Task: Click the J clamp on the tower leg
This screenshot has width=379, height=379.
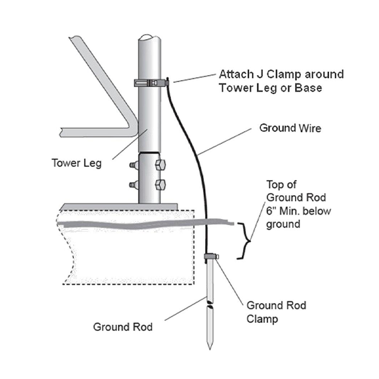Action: (152, 83)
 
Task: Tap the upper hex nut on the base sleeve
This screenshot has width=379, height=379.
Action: (160, 165)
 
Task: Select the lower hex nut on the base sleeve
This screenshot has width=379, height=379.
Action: (160, 185)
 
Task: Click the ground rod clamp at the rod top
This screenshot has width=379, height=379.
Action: (212, 256)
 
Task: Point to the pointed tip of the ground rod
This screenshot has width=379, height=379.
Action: (210, 349)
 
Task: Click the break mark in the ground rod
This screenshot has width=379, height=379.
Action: (210, 304)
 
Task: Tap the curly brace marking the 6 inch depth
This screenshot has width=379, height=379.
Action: (244, 241)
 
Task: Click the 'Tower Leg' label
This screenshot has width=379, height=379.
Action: (76, 163)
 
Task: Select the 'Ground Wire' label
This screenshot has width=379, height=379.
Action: (290, 128)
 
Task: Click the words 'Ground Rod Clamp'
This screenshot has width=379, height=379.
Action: (276, 312)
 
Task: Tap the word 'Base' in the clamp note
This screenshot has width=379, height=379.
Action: (308, 88)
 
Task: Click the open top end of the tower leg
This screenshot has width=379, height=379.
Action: (149, 38)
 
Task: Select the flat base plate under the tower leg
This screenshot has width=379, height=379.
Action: (119, 207)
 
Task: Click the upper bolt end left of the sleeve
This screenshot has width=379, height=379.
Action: (134, 165)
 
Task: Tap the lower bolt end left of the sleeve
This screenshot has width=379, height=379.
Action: (134, 185)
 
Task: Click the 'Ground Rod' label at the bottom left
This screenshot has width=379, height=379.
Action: (123, 327)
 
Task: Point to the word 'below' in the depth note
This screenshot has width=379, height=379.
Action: (316, 211)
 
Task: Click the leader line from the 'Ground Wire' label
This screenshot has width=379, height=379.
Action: (224, 141)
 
